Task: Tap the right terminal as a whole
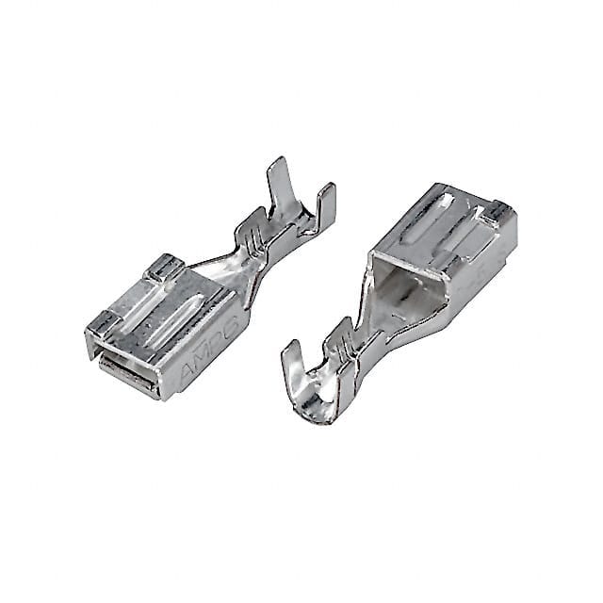coord(415,292)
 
